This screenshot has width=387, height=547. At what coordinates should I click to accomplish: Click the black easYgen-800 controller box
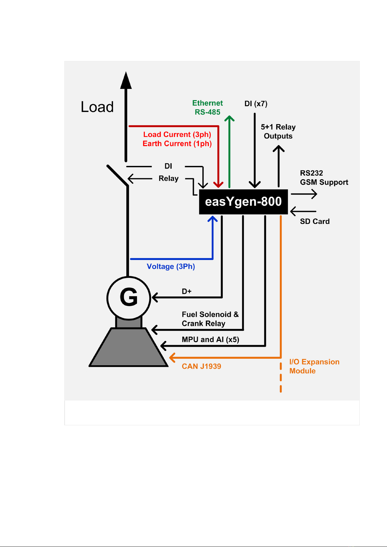(243, 202)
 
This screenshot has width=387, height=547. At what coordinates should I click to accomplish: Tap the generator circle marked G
(129, 298)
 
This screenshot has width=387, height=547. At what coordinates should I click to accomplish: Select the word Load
(97, 107)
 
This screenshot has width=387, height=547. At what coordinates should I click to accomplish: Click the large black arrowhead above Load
(126, 80)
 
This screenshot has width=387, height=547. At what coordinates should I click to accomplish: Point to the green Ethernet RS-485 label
(207, 107)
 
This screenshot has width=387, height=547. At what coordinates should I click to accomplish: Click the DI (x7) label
(256, 104)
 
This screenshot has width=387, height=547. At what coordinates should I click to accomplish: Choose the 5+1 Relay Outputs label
(278, 131)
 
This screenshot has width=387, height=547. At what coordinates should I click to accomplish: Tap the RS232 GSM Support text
(324, 178)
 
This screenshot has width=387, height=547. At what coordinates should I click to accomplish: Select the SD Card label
(315, 221)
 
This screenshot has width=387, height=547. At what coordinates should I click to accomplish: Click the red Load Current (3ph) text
(177, 134)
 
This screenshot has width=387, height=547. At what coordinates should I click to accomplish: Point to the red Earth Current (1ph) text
(177, 143)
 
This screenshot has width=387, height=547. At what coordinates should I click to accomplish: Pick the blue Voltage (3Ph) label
(171, 267)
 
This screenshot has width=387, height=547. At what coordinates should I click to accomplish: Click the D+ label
(187, 291)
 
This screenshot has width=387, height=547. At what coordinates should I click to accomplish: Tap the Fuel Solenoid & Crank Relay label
(210, 319)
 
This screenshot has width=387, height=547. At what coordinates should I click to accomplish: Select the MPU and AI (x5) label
(210, 340)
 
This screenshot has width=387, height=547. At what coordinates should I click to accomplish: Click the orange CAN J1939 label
(201, 366)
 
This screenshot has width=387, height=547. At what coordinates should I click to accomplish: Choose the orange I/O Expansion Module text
(314, 366)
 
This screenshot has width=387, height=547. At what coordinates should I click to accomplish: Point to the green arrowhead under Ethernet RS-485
(229, 118)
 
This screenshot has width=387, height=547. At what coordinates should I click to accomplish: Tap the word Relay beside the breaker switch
(169, 179)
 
